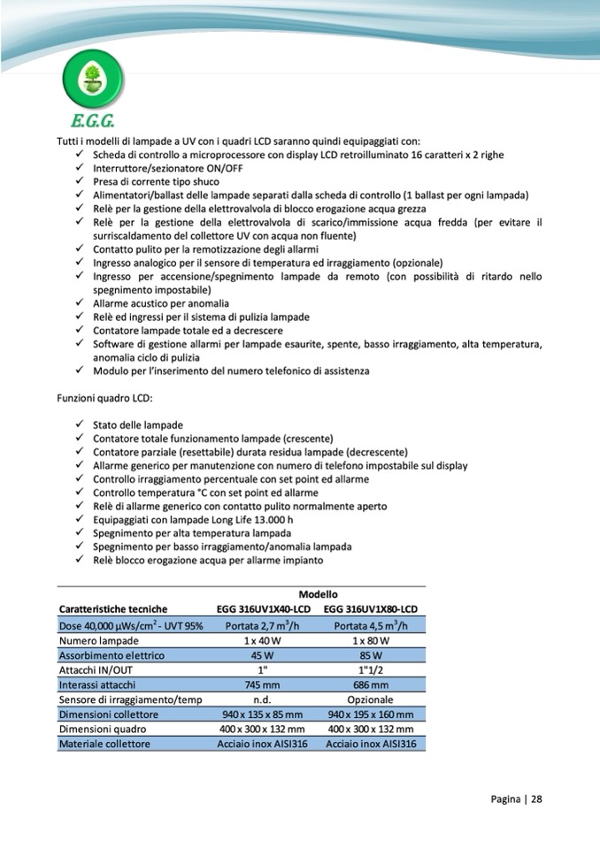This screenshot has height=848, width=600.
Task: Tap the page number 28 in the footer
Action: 536,798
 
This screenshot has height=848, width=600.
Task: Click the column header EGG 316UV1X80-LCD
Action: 371,608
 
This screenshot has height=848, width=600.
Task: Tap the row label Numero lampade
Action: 98,640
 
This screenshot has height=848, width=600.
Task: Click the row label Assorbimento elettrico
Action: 112,655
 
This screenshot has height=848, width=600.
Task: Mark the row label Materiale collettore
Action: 104,744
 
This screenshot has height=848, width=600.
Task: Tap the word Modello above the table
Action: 318,594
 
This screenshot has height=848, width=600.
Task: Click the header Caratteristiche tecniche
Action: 113,608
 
